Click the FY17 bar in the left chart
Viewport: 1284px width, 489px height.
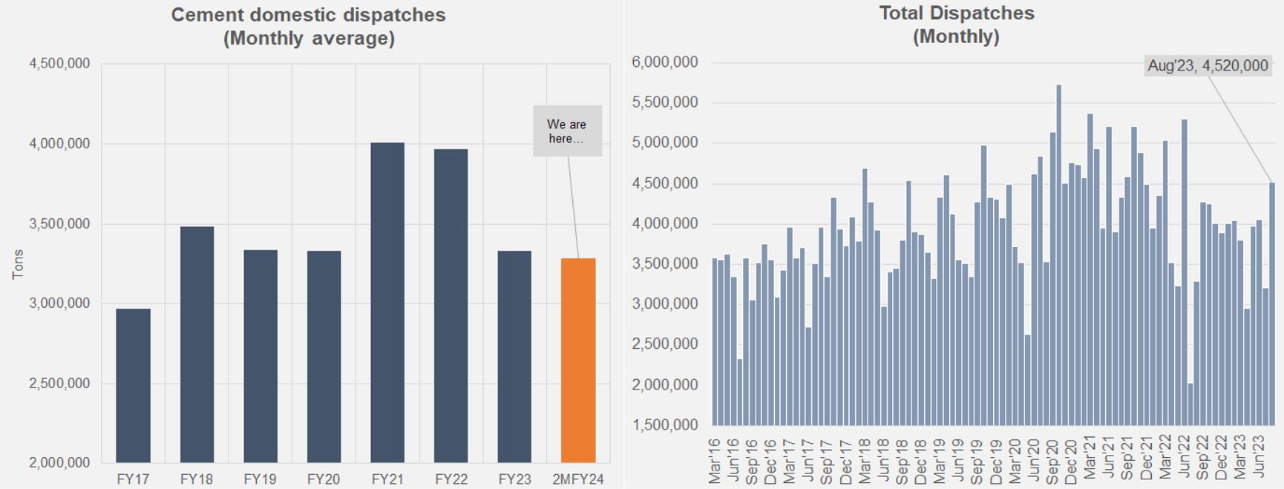point(133,386)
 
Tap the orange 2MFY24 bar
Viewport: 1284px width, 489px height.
point(578,361)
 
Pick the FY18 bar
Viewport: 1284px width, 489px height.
point(197,344)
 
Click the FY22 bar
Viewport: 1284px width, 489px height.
point(451,306)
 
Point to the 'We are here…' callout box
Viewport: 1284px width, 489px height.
point(567,131)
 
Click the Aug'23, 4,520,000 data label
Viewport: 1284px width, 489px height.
point(1208,66)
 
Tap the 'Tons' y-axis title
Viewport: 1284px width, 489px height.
point(18,264)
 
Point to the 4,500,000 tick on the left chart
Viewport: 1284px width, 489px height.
point(59,64)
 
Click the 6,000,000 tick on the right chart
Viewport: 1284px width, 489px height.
point(665,62)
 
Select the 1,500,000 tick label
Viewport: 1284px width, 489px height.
point(665,425)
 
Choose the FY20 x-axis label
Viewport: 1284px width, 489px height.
point(324,479)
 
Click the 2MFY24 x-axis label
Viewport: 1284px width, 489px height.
point(578,479)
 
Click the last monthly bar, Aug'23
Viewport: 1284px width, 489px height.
point(1272,304)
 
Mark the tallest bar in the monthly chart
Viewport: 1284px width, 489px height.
point(1059,255)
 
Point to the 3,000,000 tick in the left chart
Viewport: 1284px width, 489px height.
point(59,303)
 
